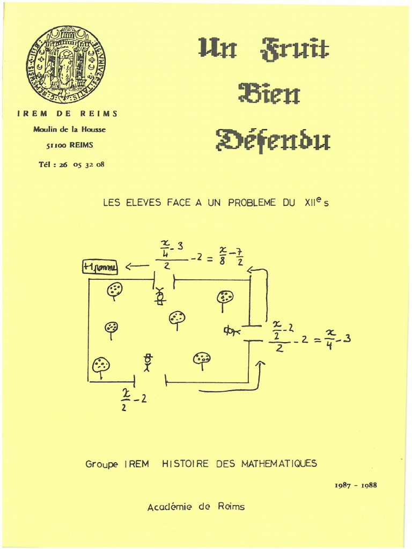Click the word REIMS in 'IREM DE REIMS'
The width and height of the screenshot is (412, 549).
[x=99, y=114]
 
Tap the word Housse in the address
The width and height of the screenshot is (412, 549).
[x=93, y=129]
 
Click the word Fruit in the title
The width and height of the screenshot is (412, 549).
[x=295, y=49]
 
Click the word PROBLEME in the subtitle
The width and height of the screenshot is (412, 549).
[x=252, y=203]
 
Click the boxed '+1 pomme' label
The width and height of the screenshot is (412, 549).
[x=100, y=266]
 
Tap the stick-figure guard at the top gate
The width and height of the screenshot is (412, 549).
[x=159, y=296]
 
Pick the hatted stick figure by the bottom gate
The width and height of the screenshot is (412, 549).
[x=148, y=362]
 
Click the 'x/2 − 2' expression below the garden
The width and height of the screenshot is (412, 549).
[x=133, y=399]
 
